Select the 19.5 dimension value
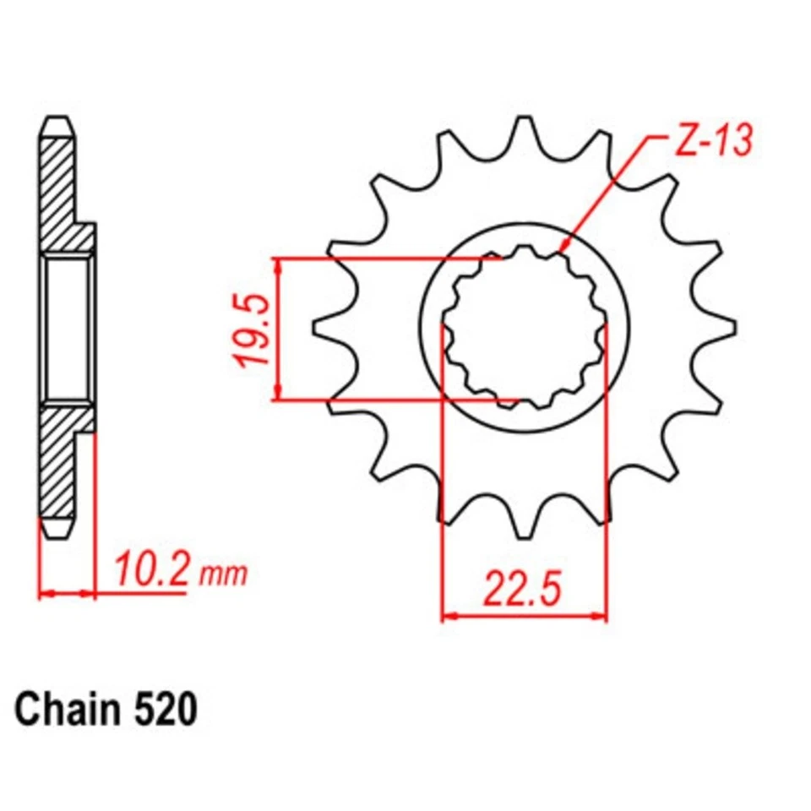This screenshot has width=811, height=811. click(253, 329)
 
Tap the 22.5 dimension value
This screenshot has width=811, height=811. click(522, 591)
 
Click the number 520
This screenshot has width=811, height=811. click(165, 710)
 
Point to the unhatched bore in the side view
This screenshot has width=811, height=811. click(67, 329)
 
